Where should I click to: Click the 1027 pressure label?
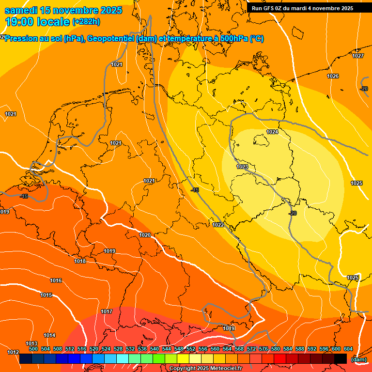tap(358, 56)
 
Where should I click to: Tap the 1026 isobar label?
tap(333, 77)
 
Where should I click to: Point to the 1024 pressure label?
tap(272, 132)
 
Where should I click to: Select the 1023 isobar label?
tap(242, 167)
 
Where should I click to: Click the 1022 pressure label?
tap(218, 225)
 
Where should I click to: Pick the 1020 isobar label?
tap(145, 235)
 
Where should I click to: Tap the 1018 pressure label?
tap(80, 262)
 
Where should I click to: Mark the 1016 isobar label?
tap(56, 281)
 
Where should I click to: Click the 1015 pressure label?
tap(46, 295)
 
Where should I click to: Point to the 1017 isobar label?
tap(107, 311)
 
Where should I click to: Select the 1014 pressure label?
tap(49, 335)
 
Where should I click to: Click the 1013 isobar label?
tap(31, 343)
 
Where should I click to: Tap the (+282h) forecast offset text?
tap(86, 22)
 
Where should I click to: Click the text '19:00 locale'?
tap(37, 21)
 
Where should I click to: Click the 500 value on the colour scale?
tap(33, 349)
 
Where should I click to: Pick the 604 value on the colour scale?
tap(348, 349)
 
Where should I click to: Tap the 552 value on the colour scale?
tap(190, 349)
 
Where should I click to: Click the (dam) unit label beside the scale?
tap(358, 359)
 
